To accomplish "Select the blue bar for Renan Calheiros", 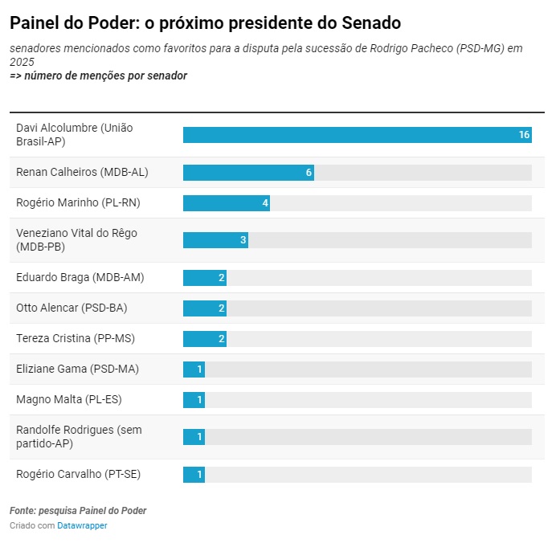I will click(x=247, y=173).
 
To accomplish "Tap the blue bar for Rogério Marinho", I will click(x=225, y=203).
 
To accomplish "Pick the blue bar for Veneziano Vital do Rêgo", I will click(x=214, y=240).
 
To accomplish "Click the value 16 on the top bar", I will click(x=524, y=135).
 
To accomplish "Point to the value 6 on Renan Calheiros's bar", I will click(x=309, y=173).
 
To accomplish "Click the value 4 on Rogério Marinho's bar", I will click(x=265, y=203).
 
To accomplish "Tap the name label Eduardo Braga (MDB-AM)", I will click(x=80, y=277).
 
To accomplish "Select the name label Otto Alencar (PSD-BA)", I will click(x=72, y=308).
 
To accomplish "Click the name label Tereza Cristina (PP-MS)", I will click(x=76, y=338).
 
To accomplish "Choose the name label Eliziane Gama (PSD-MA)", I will click(x=77, y=369).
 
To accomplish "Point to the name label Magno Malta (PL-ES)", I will click(x=69, y=399).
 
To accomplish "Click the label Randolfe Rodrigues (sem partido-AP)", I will click(x=79, y=436).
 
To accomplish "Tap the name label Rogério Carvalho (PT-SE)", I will click(x=78, y=474).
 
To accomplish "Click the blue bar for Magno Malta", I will click(x=193, y=399).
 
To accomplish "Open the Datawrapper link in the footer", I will click(x=82, y=525).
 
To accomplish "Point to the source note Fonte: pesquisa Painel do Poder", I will click(x=78, y=511).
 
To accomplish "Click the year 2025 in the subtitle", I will click(x=23, y=62).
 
